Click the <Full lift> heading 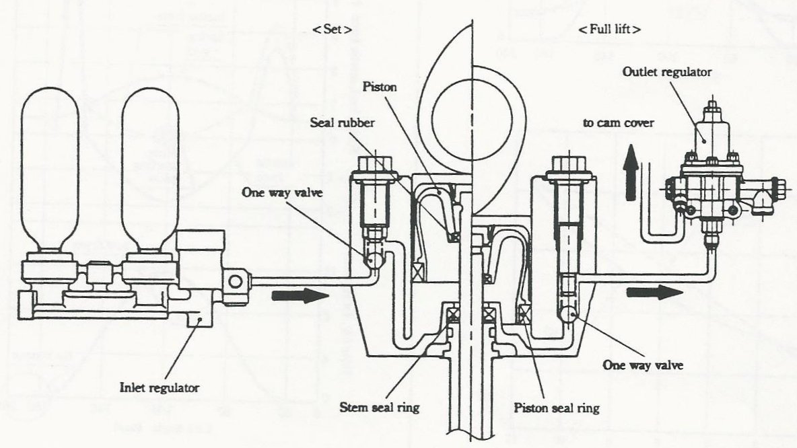click(x=608, y=30)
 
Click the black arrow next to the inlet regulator click(x=294, y=295)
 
